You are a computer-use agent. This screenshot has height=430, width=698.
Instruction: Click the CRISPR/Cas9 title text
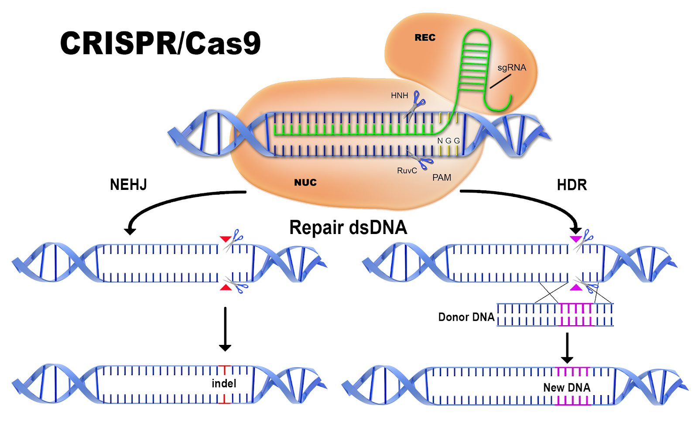(161, 43)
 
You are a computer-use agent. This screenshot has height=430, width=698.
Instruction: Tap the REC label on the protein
(425, 38)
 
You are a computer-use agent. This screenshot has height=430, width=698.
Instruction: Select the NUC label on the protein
(305, 182)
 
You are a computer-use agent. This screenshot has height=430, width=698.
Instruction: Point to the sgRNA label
(512, 67)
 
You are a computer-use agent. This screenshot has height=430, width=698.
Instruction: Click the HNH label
(399, 96)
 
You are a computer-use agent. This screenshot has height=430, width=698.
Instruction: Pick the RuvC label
(407, 171)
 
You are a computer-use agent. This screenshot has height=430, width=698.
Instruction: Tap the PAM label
(441, 177)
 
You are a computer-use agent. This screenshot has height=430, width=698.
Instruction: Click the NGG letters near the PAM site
(448, 141)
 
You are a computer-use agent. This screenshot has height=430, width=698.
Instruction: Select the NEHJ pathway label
(128, 185)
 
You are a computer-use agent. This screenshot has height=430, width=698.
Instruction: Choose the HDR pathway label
(572, 185)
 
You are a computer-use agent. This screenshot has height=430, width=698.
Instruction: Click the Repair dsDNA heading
(348, 227)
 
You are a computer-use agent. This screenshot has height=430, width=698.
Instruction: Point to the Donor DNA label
(466, 317)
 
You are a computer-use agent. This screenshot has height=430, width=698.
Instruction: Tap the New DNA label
(567, 387)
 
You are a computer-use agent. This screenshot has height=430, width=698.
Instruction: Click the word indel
(224, 383)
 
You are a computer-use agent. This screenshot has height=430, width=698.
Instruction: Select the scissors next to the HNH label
(414, 105)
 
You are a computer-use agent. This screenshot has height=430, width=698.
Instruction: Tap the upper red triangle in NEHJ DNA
(225, 239)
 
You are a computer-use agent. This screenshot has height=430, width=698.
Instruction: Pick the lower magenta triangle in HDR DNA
(576, 288)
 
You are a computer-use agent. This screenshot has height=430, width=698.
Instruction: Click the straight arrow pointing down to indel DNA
(225, 329)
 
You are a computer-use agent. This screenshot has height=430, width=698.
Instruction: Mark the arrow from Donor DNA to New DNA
(567, 348)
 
